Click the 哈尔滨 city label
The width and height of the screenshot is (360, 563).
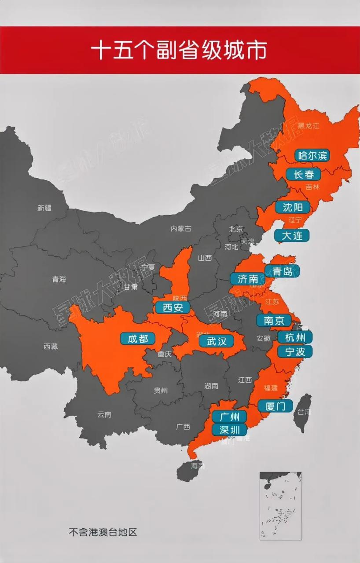coord(312,155)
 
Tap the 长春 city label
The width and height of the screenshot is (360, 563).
coord(304,174)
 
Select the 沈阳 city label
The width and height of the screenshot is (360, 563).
coord(293,207)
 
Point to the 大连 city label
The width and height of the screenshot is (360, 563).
coord(292,235)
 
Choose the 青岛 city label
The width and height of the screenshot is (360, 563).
coord(282,271)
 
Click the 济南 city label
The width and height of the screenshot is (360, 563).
coord(247,279)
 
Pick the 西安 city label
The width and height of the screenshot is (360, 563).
coord(173,307)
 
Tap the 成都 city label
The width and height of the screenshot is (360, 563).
coord(138,338)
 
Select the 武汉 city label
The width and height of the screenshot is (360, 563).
coord(216,341)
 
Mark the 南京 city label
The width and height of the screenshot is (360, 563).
coord(274,321)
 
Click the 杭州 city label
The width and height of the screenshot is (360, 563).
coord(295,337)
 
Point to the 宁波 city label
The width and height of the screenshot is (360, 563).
coord(295,351)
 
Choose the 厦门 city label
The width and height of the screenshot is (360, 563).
coord(276,406)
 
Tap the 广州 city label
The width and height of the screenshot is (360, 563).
coord(229,416)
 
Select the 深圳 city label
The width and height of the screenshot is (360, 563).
coord(229,430)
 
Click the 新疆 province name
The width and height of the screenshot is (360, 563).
coord(44,208)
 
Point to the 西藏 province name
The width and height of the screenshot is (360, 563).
coord(51,346)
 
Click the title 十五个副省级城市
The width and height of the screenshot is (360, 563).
coord(179,51)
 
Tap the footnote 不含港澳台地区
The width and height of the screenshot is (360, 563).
coord(103,532)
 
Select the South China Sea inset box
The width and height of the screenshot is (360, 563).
coord(280,506)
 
